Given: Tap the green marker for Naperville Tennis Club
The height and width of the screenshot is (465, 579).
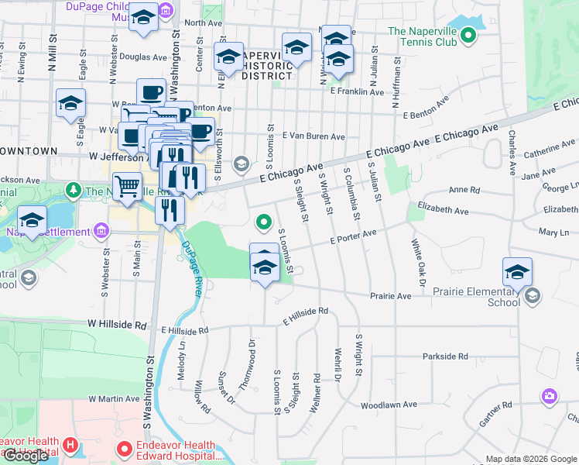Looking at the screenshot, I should click(x=468, y=35).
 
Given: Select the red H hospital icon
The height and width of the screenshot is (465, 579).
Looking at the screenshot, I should click(x=70, y=446).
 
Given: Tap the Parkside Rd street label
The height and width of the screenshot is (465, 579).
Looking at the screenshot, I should click(x=445, y=356).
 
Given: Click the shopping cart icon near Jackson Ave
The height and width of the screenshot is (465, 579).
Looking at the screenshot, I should click(x=127, y=186).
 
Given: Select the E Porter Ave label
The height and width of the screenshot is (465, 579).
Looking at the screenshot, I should click(x=353, y=236).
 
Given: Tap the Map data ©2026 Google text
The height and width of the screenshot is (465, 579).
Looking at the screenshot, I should click(x=531, y=459).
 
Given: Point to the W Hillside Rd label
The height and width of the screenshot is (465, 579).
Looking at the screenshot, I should click(x=117, y=322).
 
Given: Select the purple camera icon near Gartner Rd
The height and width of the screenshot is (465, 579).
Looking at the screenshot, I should click(x=549, y=396).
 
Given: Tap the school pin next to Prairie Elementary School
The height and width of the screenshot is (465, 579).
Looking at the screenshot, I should click(x=517, y=272).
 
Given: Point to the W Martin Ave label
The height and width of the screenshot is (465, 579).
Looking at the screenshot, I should click(x=114, y=398).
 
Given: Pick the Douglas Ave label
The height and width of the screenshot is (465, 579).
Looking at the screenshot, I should click(x=144, y=57).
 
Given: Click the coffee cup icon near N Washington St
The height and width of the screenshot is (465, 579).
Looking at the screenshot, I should click(x=151, y=93).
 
